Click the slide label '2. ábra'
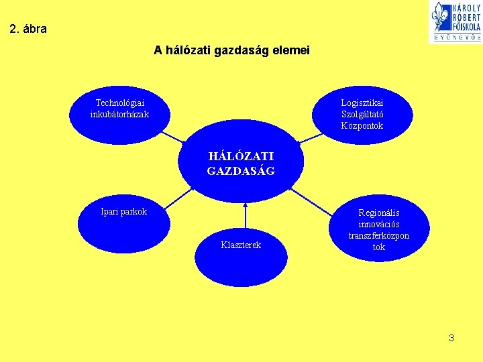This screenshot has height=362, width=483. [29, 29]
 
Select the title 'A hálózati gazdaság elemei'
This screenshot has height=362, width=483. [231, 50]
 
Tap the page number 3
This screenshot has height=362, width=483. [451, 338]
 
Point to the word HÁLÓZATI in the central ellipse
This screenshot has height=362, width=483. [241, 156]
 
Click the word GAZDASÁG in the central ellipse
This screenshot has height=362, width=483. [241, 171]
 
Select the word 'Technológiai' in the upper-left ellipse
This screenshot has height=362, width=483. [120, 103]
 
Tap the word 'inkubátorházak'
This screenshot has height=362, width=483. [120, 114]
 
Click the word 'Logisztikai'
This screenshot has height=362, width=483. [362, 103]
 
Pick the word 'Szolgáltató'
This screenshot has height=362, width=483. [362, 114]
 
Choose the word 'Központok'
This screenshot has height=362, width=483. [362, 125]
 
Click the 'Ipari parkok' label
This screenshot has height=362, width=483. [123, 212]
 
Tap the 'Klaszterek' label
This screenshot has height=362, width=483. [241, 245]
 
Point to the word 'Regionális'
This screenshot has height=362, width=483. [379, 213]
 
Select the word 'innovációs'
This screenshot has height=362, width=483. [379, 225]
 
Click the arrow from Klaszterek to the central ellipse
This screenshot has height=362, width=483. [246, 216]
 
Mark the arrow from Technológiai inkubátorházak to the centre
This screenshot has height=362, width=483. [174, 137]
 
